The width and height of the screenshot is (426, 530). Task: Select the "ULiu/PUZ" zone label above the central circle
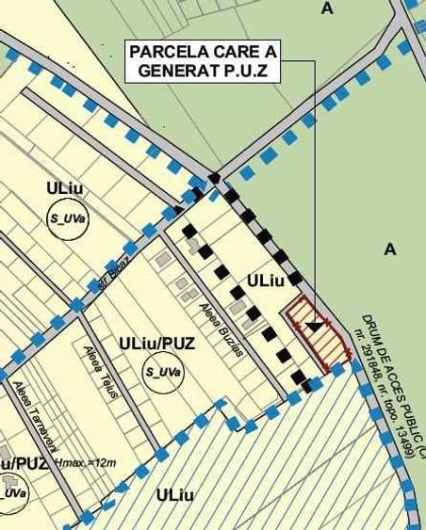click(157, 344)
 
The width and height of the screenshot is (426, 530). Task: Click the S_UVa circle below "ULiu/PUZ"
click(162, 373)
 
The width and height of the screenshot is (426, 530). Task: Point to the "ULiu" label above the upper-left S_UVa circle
click(65, 188)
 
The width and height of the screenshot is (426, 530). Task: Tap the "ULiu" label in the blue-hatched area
click(176, 495)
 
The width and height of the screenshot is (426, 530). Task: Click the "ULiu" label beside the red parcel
click(266, 281)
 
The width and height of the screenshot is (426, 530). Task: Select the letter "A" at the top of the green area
click(327, 8)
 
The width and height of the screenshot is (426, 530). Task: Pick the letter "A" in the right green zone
click(391, 249)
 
